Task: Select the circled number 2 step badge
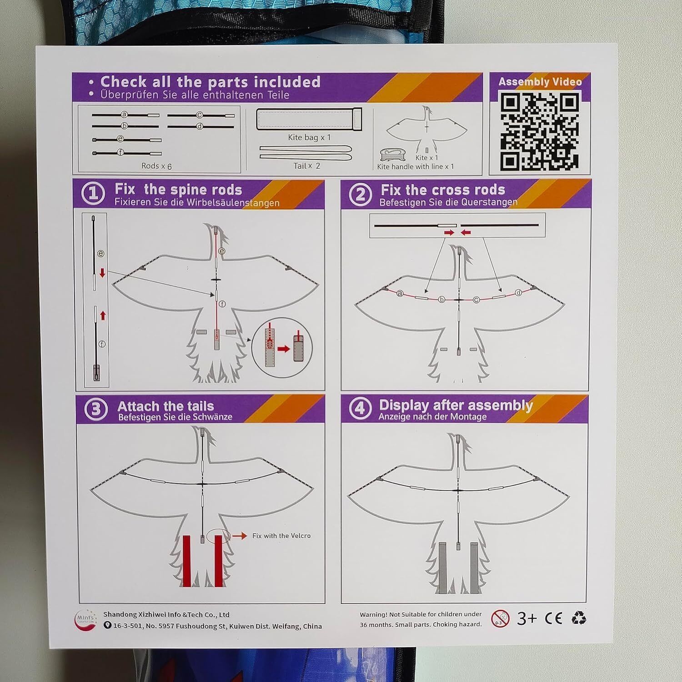(360, 195)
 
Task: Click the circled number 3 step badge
(96, 409)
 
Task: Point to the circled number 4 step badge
(360, 408)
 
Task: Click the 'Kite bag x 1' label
(309, 137)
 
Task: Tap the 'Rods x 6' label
(156, 166)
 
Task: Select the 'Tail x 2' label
(306, 166)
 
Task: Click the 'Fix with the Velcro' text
(281, 536)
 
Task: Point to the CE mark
(553, 618)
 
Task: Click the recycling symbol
(579, 618)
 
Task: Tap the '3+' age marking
(527, 618)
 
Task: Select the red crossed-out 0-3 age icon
(500, 619)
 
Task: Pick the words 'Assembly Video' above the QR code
(540, 82)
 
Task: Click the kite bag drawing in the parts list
(309, 119)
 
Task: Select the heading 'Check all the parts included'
(211, 82)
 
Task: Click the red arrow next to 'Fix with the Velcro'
(240, 536)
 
